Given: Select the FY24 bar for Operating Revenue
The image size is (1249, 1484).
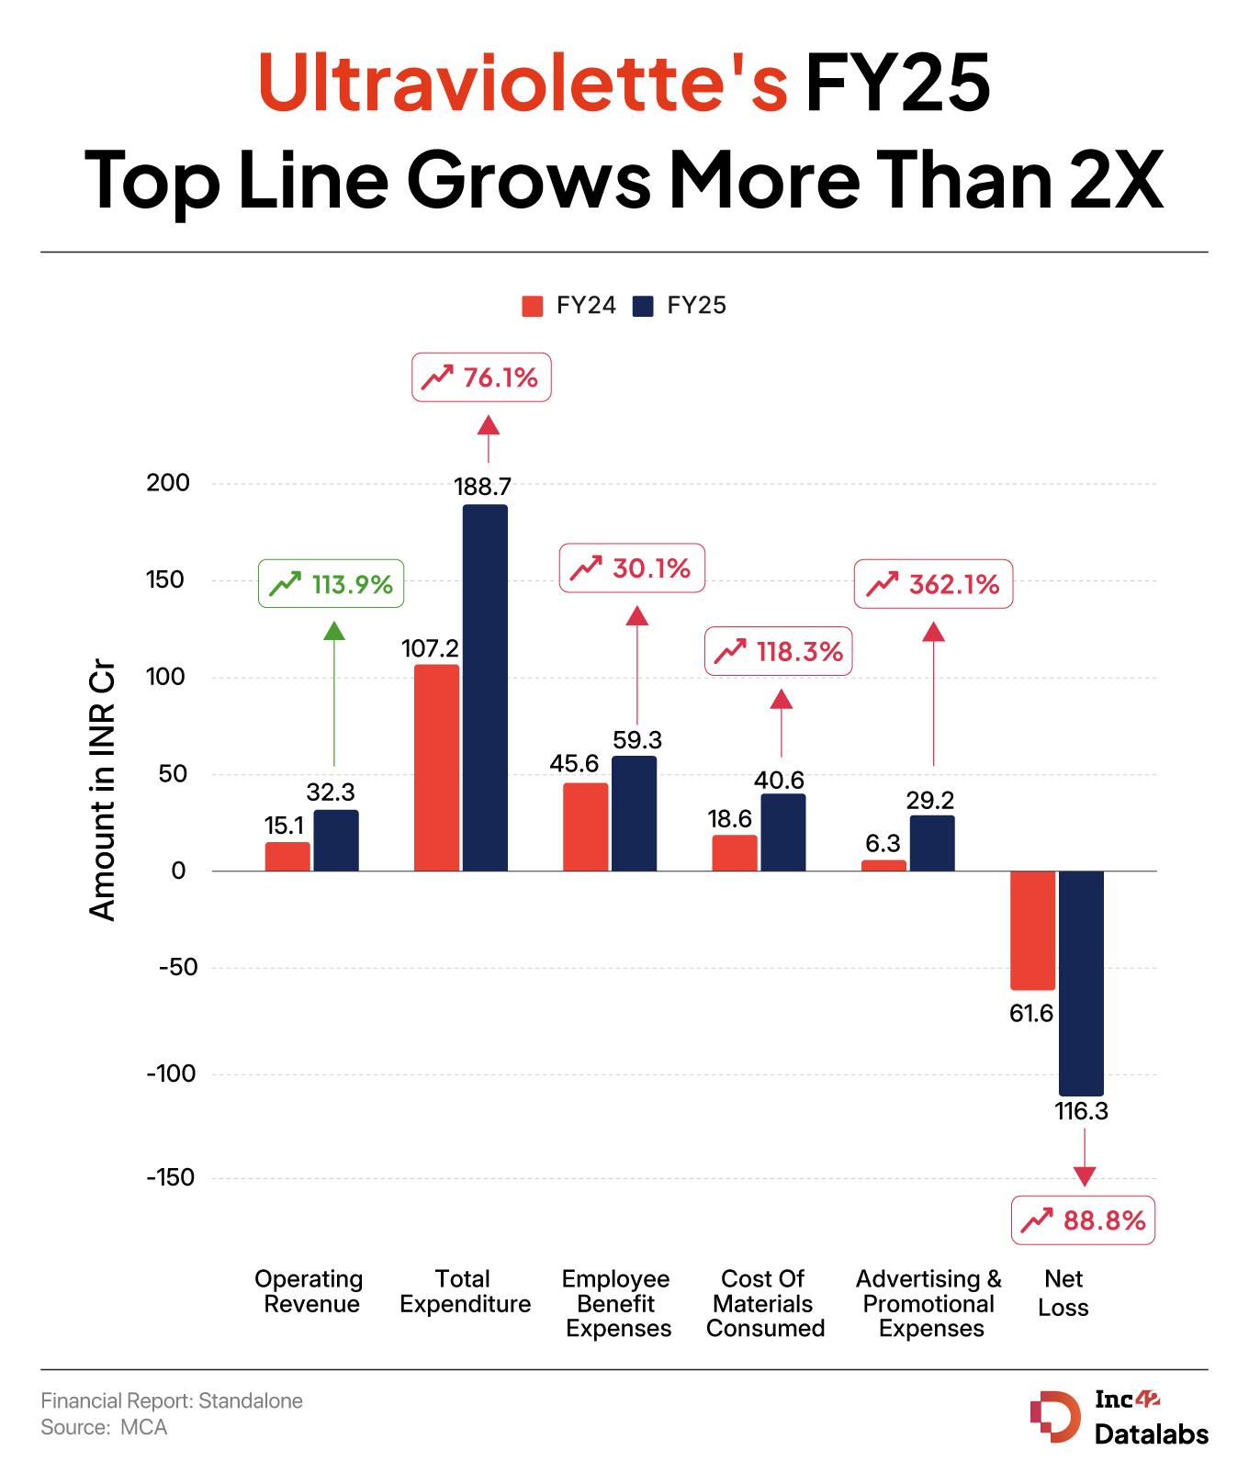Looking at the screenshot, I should coord(287,856).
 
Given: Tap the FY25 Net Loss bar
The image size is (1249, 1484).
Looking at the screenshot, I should coord(1081,983).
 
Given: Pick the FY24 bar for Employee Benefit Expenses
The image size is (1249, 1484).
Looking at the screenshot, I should coord(585,826).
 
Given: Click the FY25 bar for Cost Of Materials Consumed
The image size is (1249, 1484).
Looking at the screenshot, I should coord(783,832).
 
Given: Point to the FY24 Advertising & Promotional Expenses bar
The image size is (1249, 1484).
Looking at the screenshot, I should coord(883,865).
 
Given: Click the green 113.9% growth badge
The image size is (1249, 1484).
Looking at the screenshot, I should coord(332,583).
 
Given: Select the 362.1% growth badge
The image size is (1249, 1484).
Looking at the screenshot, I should coord(933,584).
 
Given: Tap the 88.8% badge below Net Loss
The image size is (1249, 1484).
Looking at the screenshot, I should coord(1083,1220).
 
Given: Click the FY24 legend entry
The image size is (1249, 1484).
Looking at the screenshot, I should coord(568,306).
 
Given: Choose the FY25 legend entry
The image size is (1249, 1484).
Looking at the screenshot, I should coord(680,306).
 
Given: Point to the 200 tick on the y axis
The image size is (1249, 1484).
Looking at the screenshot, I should coord(168,483).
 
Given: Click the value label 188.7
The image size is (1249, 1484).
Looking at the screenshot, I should coord(483,487).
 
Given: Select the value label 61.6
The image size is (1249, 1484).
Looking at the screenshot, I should coord(1031,1014).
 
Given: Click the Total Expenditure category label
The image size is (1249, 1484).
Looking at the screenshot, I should coord(465,1291).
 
